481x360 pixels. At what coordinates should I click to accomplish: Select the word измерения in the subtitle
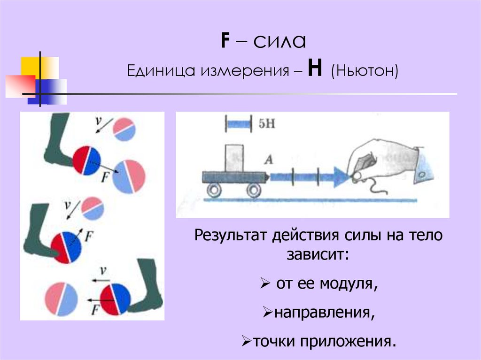[x=246, y=72]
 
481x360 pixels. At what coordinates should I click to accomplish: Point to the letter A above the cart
[x=269, y=160]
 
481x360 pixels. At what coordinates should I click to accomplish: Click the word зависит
[x=316, y=256]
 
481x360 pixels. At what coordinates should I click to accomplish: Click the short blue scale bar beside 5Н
[x=240, y=124]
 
